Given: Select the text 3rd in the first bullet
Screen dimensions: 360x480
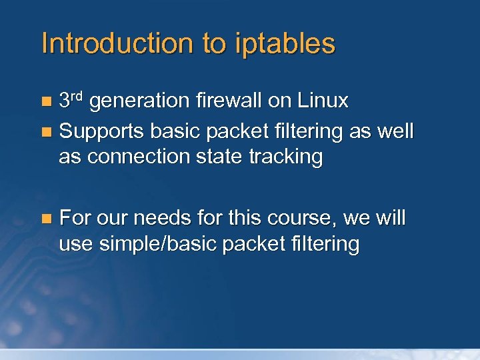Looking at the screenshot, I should tap(71, 101).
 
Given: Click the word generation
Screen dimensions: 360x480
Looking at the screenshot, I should tap(140, 101).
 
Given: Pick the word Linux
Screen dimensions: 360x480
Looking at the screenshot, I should tap(323, 101).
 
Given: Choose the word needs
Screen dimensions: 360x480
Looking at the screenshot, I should tap(155, 219).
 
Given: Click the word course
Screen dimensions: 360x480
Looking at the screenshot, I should tap(296, 219).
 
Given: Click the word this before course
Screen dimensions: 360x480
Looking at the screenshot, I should tap(244, 219).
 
